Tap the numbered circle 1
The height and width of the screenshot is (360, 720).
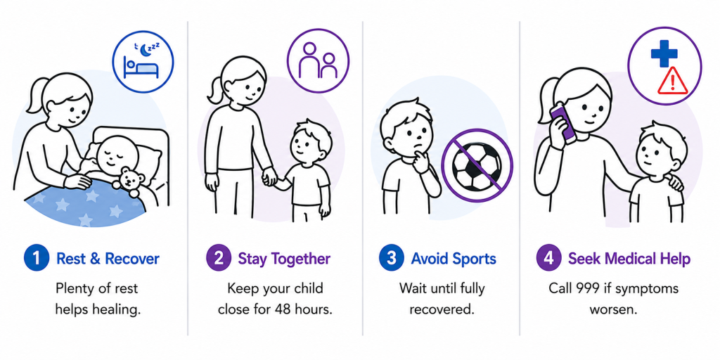(37, 258)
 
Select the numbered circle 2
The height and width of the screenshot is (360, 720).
(219, 258)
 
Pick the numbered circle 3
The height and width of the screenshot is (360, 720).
(392, 258)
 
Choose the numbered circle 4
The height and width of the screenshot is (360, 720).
(548, 258)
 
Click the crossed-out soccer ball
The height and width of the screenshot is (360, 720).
(477, 166)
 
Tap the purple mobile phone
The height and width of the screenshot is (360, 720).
(563, 123)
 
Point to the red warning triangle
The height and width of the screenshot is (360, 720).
(672, 82)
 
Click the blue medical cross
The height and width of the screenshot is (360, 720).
(664, 53)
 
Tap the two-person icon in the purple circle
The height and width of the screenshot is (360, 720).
(319, 60)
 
